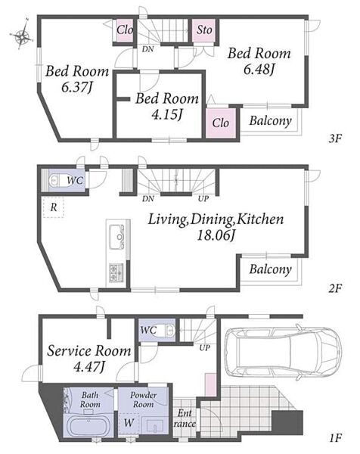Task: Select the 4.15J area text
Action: (x=167, y=115)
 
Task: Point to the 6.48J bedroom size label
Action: (x=259, y=69)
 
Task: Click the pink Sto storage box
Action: (x=204, y=30)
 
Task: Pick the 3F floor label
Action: (x=335, y=139)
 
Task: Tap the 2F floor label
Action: (x=335, y=288)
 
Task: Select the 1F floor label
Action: (x=335, y=438)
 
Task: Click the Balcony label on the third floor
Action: (x=270, y=121)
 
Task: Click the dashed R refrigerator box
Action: (x=53, y=207)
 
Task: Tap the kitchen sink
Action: (x=116, y=237)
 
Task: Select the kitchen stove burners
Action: (x=116, y=272)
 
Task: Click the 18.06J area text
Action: (x=216, y=235)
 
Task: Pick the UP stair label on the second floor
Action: (x=203, y=198)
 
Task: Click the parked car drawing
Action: (x=283, y=353)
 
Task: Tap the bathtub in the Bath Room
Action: (x=88, y=426)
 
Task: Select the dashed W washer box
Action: (x=129, y=423)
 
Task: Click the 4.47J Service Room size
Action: (x=88, y=368)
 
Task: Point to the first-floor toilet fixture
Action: (x=167, y=330)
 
